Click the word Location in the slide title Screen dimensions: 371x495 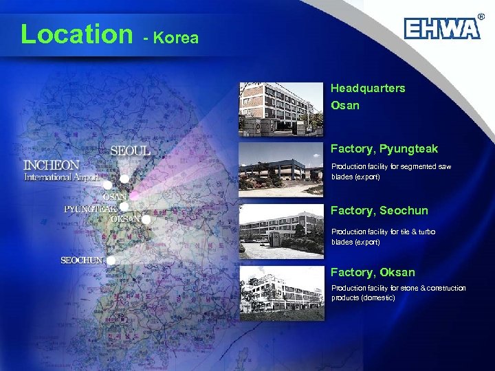pos(76,34)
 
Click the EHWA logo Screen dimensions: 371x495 pos(441,29)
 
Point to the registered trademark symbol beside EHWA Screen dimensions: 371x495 pos(481,16)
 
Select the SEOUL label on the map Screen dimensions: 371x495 pos(131,150)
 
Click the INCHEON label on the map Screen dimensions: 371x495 pos(52,166)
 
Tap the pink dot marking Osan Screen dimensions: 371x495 pos(134,196)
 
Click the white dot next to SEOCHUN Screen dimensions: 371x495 pos(111,260)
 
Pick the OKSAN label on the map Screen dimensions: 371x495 pos(125,218)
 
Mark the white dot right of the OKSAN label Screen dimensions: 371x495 pos(146,220)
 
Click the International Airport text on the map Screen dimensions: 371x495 pos(62,177)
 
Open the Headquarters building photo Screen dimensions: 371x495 pos(280,109)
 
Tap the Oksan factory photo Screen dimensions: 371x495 pos(280,294)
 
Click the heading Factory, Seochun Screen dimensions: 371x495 pos(379,211)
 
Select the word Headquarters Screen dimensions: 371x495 pos(368,89)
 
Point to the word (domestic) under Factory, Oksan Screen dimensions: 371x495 pos(374,297)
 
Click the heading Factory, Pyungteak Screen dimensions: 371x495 pos(384,149)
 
